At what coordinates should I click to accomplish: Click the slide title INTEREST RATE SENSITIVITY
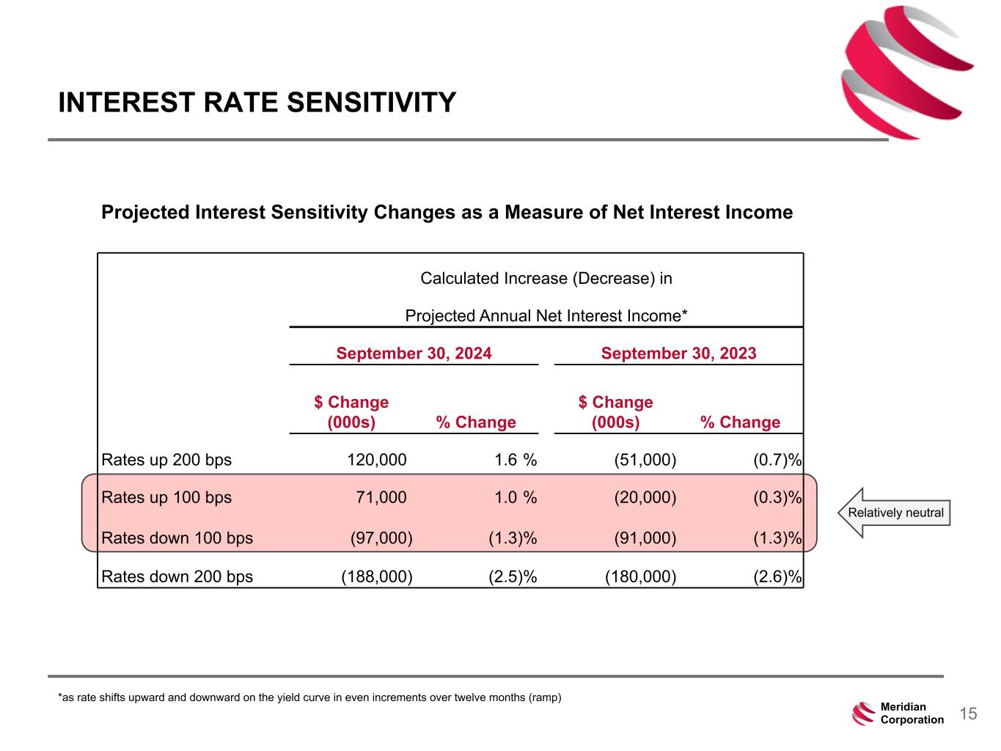[257, 103]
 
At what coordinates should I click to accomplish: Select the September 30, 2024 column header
[414, 353]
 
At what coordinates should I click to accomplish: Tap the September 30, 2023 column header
[678, 353]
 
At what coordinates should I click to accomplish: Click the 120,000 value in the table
[376, 460]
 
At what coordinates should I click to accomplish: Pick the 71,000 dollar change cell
[381, 497]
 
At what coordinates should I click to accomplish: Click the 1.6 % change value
[516, 460]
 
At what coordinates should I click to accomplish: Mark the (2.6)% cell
[777, 576]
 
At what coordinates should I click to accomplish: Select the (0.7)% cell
[777, 460]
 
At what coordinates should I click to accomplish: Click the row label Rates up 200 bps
[166, 460]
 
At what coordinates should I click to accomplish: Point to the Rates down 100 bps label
[177, 538]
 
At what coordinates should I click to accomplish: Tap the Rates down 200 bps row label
[177, 576]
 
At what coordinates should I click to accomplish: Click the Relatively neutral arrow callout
[895, 513]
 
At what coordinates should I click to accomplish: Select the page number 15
[968, 714]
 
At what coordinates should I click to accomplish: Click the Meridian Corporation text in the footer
[912, 714]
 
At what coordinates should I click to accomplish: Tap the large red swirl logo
[906, 72]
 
